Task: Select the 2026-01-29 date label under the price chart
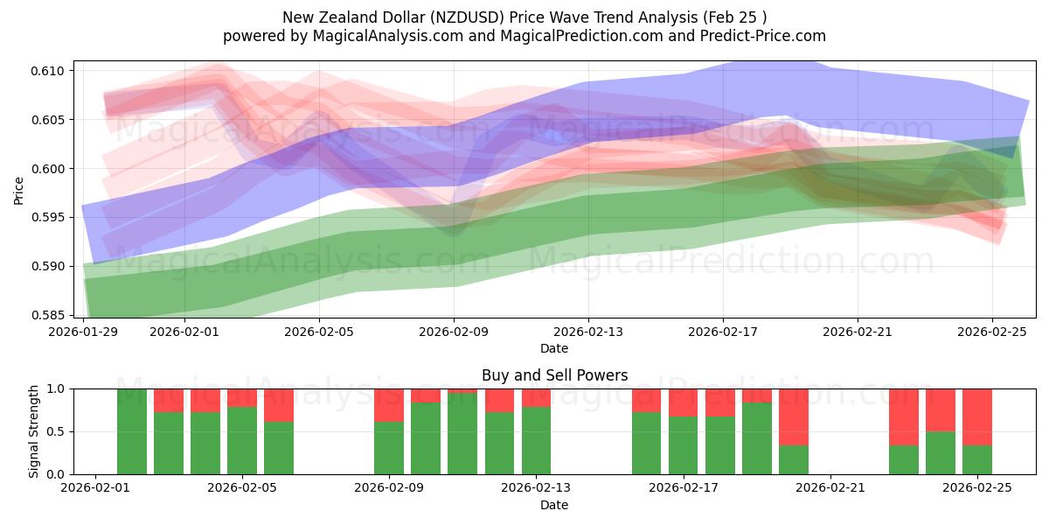(84, 332)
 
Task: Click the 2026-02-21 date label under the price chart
(858, 332)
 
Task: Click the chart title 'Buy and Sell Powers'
(554, 375)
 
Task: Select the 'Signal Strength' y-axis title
(33, 431)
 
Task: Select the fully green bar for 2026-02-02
(132, 431)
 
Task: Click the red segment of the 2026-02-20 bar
(794, 416)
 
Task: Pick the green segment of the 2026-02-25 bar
(977, 459)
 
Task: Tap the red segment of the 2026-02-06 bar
(279, 405)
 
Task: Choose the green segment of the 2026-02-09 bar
(389, 448)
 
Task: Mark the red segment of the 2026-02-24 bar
(941, 409)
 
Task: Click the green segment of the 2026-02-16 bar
(647, 443)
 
